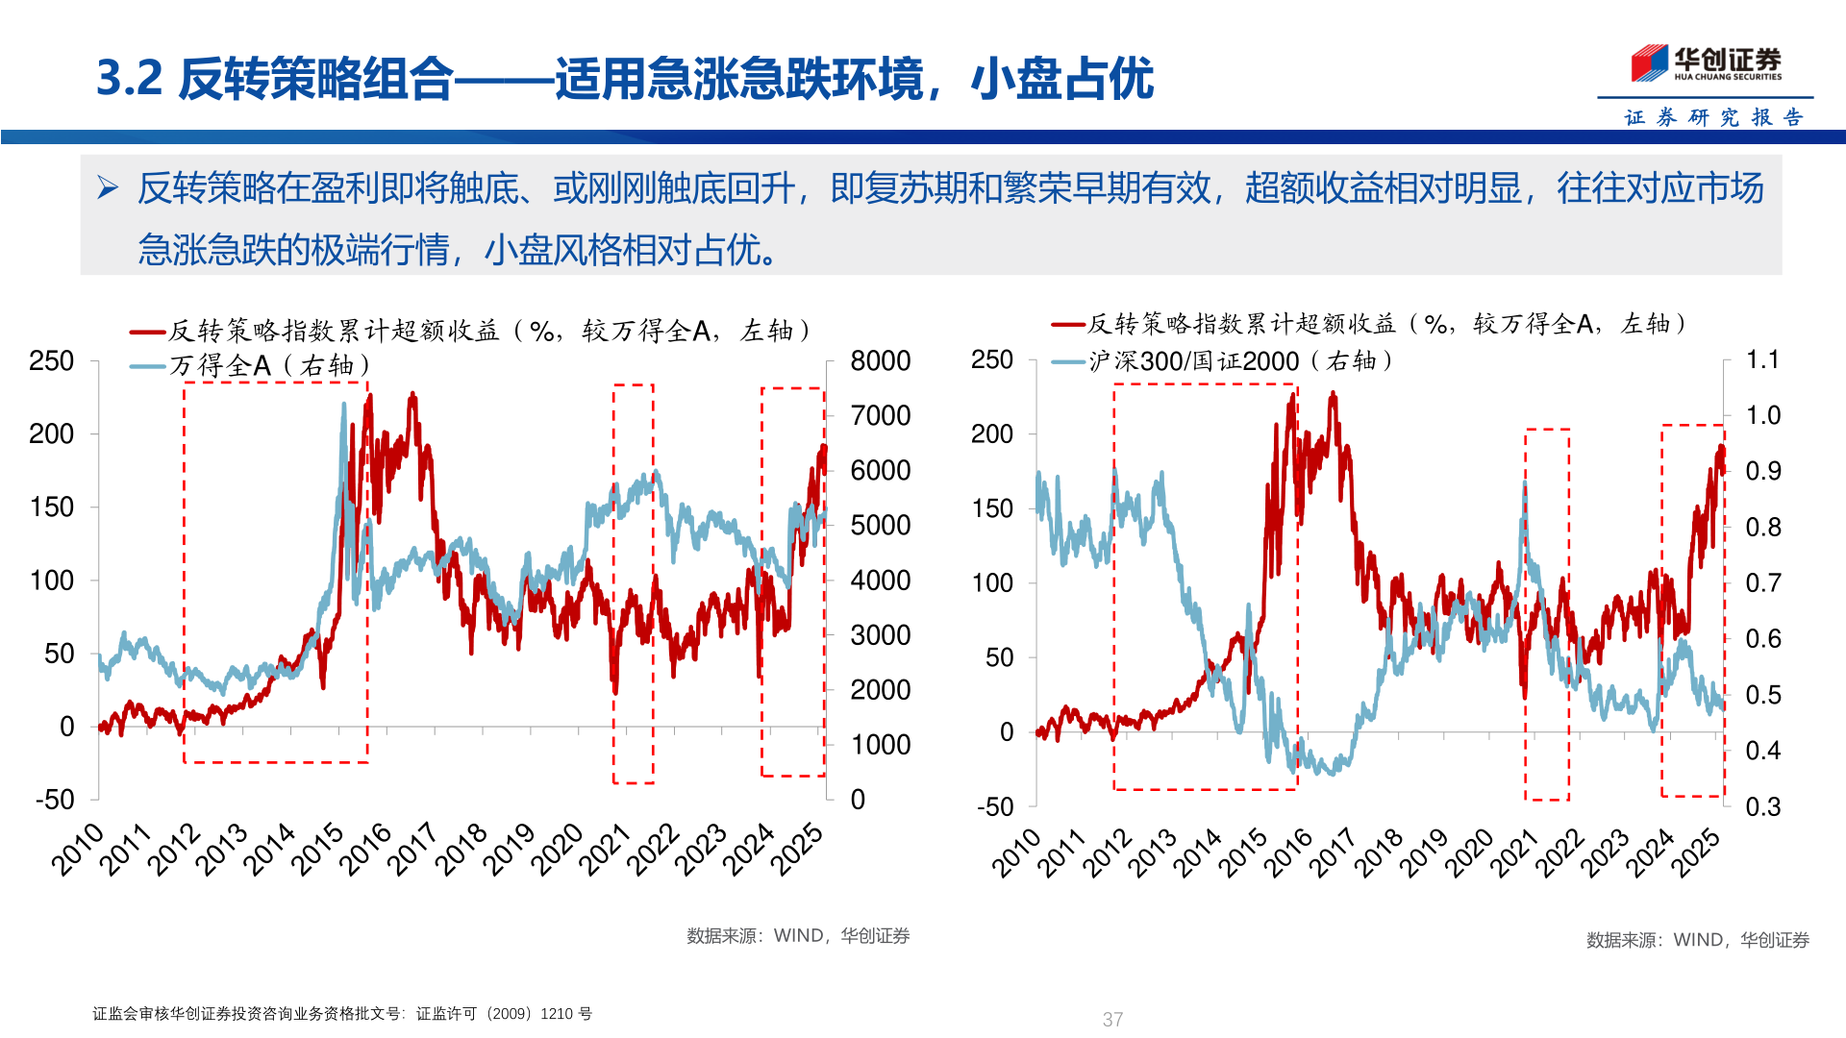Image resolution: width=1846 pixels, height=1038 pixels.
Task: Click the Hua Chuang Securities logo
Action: click(1706, 63)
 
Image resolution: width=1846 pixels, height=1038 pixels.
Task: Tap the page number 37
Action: click(1112, 1019)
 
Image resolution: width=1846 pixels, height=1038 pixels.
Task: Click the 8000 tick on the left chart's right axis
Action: click(880, 361)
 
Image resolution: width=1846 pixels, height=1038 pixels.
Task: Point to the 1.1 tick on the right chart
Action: click(1762, 359)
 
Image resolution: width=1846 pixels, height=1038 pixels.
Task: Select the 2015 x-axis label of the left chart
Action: click(317, 849)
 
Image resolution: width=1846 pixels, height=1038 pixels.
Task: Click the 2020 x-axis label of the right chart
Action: click(1470, 853)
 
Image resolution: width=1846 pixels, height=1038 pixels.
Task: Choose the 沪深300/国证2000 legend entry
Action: click(1240, 361)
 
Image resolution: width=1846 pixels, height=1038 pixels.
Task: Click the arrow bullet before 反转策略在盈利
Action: click(108, 188)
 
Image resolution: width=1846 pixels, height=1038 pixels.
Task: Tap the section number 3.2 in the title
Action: click(130, 79)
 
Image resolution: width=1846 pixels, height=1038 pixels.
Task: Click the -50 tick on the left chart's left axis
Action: click(55, 800)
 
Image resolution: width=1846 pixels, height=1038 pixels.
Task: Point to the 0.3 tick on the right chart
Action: click(1762, 806)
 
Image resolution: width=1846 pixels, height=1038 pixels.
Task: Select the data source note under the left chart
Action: click(797, 935)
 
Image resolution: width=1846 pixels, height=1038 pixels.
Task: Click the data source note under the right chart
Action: click(1697, 940)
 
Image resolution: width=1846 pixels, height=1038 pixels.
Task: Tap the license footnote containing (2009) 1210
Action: click(342, 1014)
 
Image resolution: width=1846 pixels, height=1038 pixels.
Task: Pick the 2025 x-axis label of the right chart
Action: click(1696, 853)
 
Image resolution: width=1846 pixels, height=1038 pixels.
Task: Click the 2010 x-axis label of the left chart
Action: click(77, 849)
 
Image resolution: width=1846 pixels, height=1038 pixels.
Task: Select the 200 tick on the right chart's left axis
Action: click(991, 433)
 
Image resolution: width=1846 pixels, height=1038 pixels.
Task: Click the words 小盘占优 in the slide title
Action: click(1061, 79)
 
